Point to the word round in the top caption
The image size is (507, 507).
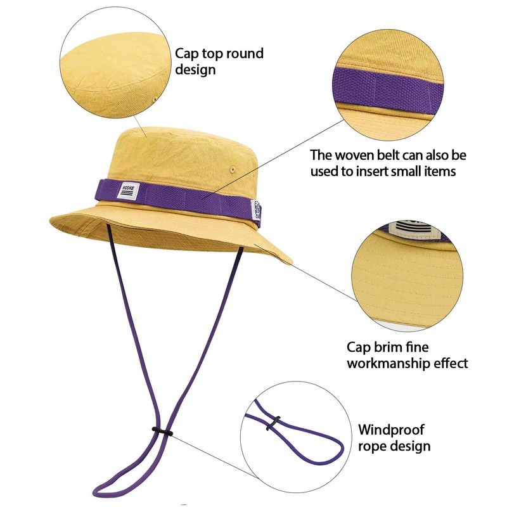click(245, 53)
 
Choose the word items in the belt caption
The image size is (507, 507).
click(437, 171)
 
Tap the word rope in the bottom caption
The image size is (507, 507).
click(373, 446)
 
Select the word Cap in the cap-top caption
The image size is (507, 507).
click(187, 53)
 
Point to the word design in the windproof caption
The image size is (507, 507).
click(411, 446)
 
